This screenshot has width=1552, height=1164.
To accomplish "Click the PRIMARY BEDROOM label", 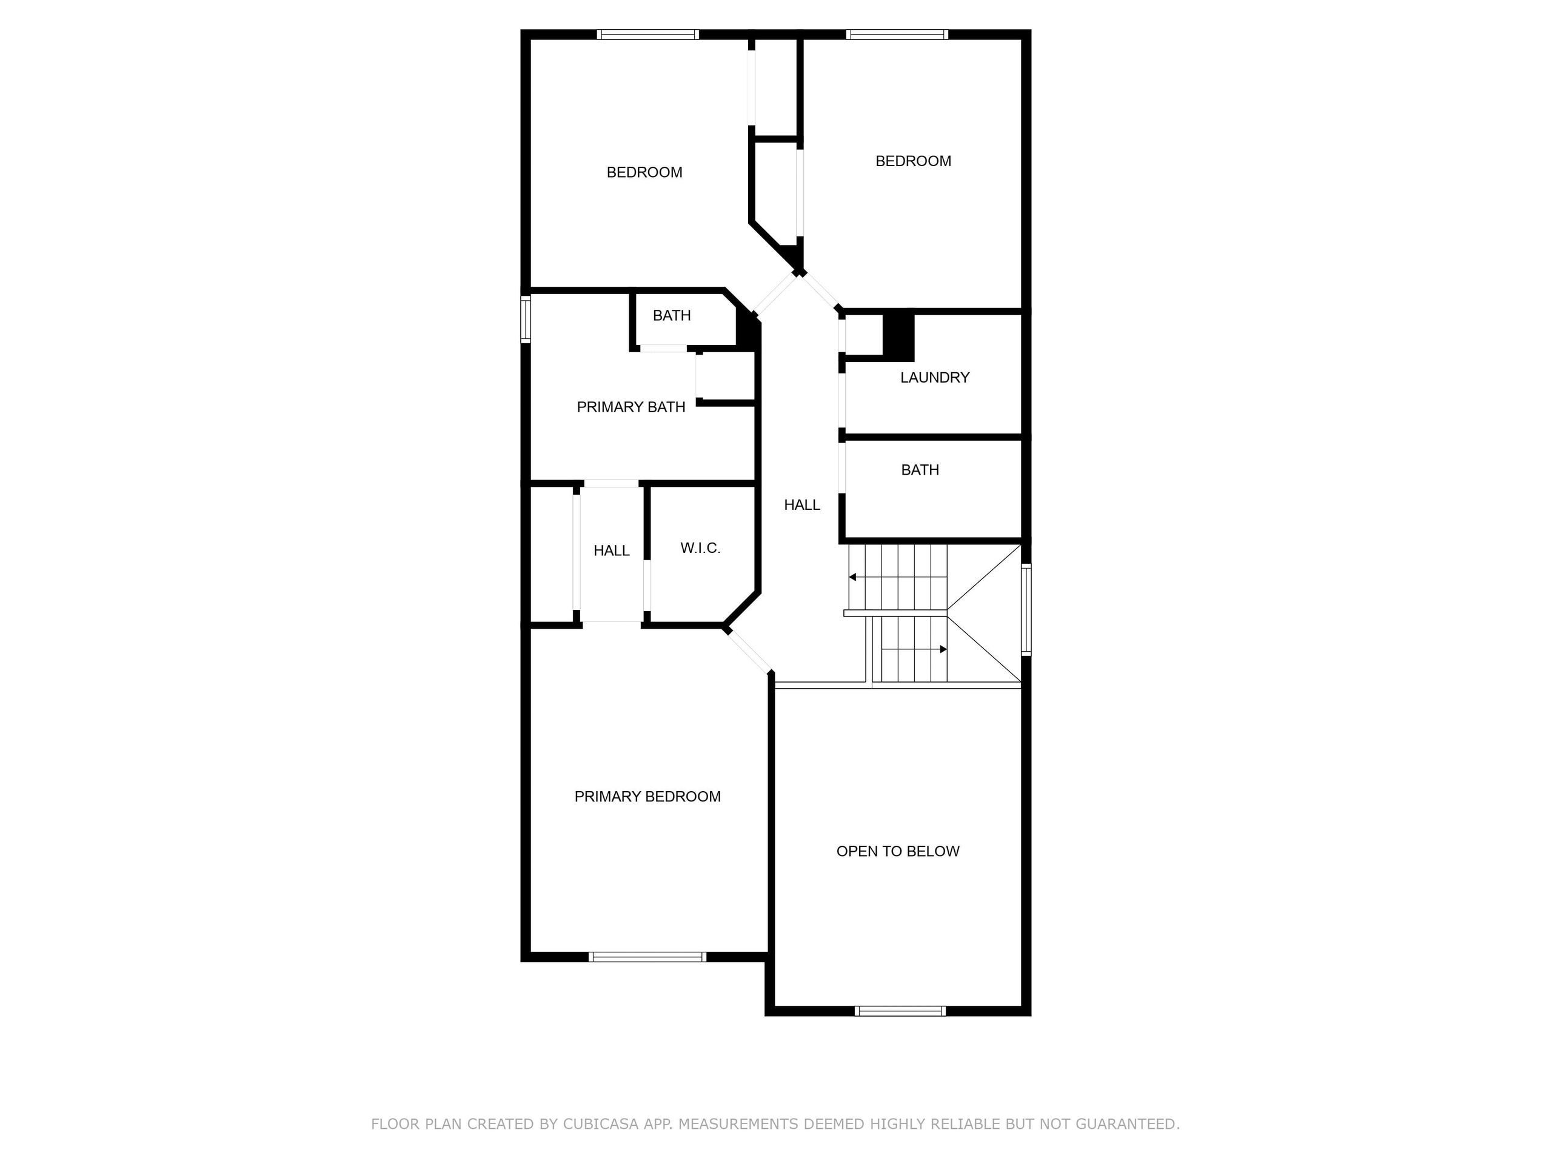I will pos(647,797).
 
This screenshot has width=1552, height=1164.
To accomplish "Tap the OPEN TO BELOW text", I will pos(897,851).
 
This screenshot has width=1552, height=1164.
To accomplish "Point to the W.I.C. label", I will pos(700,548).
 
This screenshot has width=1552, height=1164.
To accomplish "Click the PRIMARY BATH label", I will pos(630,407).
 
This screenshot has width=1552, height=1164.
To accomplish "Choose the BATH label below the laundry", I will pos(919,470).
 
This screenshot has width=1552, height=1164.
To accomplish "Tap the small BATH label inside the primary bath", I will pos(672,316).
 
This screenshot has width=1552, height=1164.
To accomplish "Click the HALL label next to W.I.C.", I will pos(611,550).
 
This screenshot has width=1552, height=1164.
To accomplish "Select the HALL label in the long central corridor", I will pos(801,505).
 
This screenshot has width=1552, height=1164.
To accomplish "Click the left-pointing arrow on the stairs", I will pos(852,577).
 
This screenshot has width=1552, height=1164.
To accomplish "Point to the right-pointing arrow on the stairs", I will pos(943,649).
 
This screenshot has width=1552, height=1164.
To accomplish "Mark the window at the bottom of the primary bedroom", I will pos(647,956).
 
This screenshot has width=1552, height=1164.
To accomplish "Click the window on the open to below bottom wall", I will pos(900,1011).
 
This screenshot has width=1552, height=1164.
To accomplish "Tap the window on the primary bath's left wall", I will pos(525,319).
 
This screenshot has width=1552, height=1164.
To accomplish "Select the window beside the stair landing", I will pos(1026,610).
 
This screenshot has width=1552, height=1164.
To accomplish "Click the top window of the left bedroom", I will pos(647,35).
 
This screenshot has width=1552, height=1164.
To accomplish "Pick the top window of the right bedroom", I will pos(897,35).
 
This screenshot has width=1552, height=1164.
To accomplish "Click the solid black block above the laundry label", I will pos(898,336).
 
